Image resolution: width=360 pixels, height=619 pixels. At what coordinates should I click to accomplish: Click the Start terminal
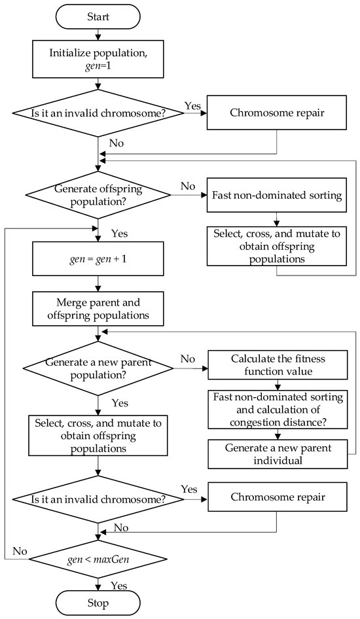coord(98,16)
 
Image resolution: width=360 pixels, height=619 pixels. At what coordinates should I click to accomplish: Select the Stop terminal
coord(98,602)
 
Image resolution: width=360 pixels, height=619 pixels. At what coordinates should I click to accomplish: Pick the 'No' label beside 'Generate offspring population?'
coord(187,186)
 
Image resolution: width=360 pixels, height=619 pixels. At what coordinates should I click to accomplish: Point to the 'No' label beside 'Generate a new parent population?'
coord(187,359)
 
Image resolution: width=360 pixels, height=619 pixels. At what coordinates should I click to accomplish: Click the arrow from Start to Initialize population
coord(98,35)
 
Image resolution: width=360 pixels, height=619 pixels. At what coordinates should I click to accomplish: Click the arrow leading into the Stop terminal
coord(98,582)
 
